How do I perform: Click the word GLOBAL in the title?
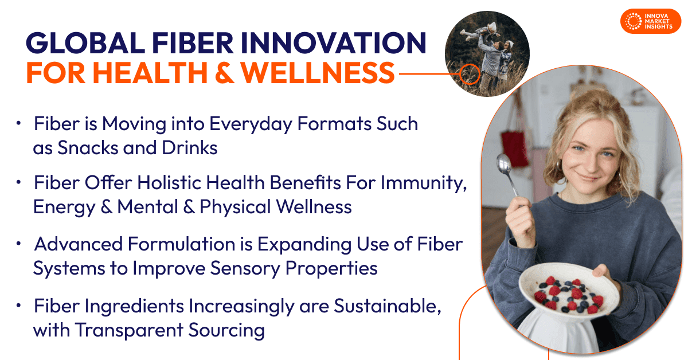click(x=85, y=43)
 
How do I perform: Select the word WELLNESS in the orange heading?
click(x=318, y=73)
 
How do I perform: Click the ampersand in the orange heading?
click(x=225, y=73)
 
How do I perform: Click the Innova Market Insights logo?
click(x=651, y=21)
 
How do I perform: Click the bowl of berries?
click(x=568, y=292)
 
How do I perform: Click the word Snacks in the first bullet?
click(x=88, y=148)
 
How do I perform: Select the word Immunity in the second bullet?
click(x=424, y=183)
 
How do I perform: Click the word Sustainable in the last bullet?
click(x=388, y=306)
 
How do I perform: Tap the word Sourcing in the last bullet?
click(x=226, y=331)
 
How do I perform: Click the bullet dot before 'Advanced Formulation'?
click(x=18, y=244)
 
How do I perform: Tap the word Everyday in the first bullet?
click(x=251, y=124)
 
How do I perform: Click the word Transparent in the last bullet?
click(x=130, y=331)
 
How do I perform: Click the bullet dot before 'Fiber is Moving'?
click(x=18, y=123)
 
